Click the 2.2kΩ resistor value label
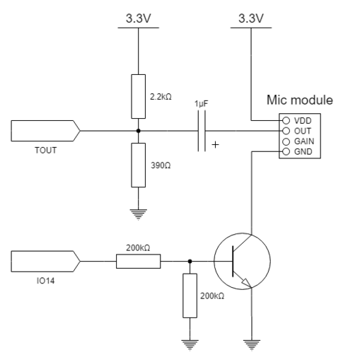[161, 97]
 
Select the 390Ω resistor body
[139, 165]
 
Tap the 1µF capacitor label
[202, 104]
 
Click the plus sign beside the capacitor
[215, 144]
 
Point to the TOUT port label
[46, 151]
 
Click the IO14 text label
[45, 281]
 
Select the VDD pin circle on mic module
[286, 121]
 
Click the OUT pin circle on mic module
[286, 131]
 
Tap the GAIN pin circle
[286, 141]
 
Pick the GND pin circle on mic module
[286, 151]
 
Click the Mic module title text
[300, 100]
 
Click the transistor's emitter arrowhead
[246, 283]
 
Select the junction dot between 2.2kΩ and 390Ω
[139, 131]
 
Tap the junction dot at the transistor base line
[190, 262]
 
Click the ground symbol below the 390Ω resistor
[139, 214]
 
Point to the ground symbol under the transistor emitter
[252, 345]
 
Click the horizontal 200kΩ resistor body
[139, 262]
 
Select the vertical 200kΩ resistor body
[190, 296]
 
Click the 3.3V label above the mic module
[251, 18]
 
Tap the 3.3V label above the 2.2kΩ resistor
[139, 18]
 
